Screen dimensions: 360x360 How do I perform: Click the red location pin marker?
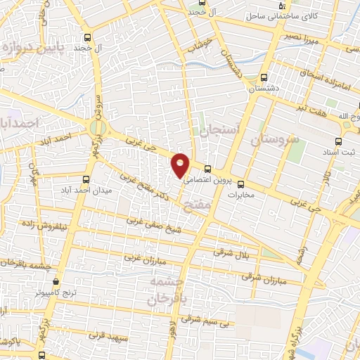[181, 165]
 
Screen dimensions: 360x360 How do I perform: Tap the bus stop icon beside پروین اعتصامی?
[208, 169]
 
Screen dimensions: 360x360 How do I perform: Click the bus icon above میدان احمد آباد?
[86, 179]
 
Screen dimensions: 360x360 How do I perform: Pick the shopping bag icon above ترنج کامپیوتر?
[56, 281]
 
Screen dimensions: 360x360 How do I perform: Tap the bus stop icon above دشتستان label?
[264, 78]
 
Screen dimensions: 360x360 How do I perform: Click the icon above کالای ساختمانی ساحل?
[282, 6]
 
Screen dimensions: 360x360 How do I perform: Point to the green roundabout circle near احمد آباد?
[97, 127]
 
